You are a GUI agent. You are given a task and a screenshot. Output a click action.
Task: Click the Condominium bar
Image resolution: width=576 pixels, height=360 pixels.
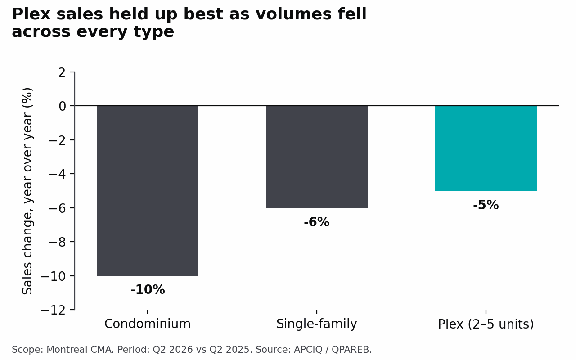[x=148, y=190]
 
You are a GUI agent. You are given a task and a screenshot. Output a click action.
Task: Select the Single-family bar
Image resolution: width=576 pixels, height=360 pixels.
[x=317, y=157]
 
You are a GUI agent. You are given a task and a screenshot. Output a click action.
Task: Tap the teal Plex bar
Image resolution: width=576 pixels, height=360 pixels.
[x=486, y=148]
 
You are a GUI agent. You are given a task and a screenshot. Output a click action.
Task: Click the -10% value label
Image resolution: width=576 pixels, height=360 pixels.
[x=148, y=289]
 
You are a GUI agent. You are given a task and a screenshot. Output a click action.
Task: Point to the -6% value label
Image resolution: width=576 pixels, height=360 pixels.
[x=316, y=222]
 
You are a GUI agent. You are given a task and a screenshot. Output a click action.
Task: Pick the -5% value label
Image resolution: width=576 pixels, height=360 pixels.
[x=486, y=205]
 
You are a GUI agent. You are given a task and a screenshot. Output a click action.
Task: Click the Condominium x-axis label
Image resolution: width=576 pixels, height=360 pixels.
[x=148, y=324]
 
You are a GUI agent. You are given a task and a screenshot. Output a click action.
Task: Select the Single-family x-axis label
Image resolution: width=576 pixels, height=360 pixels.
[x=316, y=324]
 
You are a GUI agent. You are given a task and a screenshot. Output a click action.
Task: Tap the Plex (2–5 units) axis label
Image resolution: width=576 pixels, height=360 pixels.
[x=486, y=324]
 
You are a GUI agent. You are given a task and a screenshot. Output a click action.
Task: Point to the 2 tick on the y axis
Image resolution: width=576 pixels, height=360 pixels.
[x=62, y=72]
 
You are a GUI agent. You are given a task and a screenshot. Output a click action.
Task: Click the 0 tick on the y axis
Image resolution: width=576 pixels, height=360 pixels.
[x=62, y=106]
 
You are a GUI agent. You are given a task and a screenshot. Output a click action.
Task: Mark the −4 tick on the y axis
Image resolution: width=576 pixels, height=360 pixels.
[x=57, y=174]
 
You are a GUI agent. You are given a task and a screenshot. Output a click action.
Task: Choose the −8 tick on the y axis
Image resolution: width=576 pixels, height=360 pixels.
[x=57, y=242]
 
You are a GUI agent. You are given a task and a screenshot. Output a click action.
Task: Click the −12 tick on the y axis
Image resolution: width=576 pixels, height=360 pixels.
[x=53, y=310]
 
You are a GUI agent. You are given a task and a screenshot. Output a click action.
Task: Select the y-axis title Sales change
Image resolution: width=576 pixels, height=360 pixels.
[x=27, y=191]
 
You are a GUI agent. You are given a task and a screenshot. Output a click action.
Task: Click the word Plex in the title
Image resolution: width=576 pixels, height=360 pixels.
[x=31, y=14]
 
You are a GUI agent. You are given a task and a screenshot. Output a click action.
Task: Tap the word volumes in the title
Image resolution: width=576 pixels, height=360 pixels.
[x=293, y=14]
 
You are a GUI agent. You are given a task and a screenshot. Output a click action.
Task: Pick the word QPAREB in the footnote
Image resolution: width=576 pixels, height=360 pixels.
[x=351, y=350]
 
